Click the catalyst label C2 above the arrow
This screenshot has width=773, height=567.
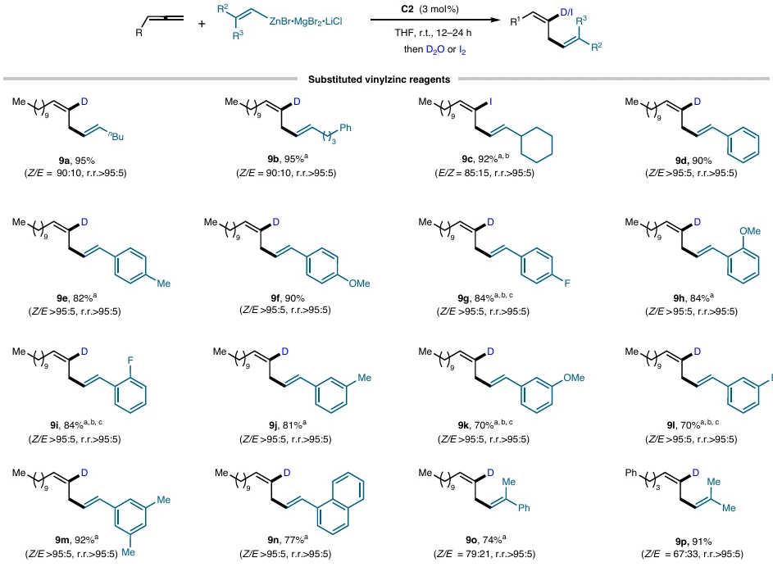(x=407, y=9)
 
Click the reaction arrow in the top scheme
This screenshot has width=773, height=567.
(x=435, y=20)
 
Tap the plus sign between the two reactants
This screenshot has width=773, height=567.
(x=202, y=23)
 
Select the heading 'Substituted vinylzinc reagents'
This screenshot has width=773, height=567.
(x=379, y=79)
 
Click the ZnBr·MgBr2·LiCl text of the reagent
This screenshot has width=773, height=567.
(x=306, y=21)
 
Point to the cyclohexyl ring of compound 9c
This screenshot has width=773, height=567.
(x=537, y=145)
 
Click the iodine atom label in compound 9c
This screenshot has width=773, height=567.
(x=490, y=102)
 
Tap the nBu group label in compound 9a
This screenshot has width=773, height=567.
(x=116, y=136)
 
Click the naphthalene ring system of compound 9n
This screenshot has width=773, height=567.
(x=341, y=502)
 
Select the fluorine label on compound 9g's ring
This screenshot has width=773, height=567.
(x=567, y=283)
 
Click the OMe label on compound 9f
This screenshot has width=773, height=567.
(x=359, y=283)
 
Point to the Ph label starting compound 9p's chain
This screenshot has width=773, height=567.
(x=631, y=473)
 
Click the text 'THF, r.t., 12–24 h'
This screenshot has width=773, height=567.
(x=433, y=33)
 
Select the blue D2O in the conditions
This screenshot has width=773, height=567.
(x=435, y=49)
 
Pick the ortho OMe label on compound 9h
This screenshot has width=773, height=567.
(x=750, y=231)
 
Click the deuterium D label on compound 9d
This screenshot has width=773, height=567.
(x=697, y=102)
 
